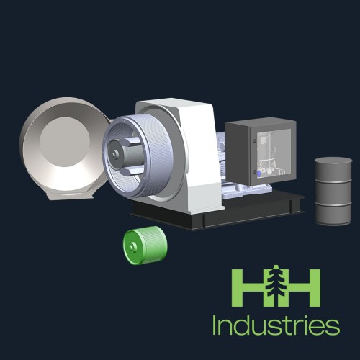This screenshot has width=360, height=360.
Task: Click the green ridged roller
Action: (145, 246)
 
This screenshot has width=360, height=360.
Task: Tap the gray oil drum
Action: (333, 192)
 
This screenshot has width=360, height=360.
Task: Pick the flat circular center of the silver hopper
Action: (65, 142)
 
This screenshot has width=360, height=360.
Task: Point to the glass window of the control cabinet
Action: (274, 153)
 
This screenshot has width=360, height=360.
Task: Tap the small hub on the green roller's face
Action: (132, 247)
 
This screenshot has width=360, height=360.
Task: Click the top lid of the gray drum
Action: (333, 161)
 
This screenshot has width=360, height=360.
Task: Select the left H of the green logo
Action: (250, 287)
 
